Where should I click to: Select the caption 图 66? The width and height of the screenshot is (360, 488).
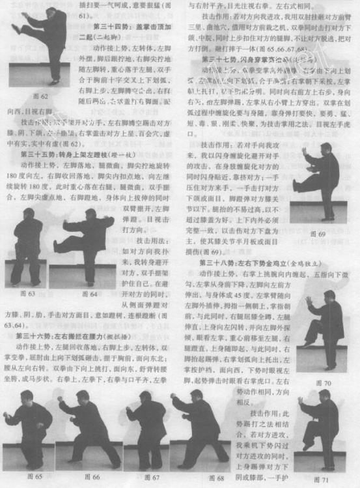click(91, 477)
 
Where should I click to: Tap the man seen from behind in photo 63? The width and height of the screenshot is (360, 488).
click(27, 238)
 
